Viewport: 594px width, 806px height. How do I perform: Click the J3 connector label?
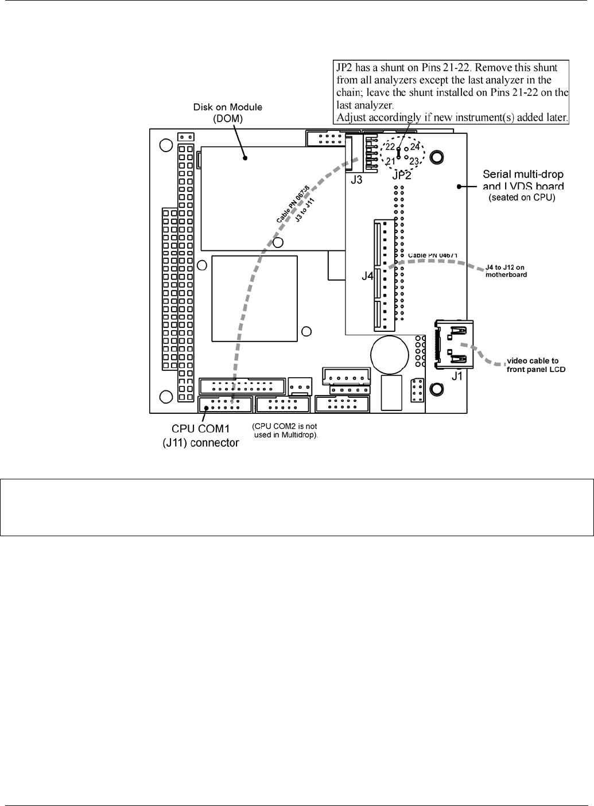(x=356, y=180)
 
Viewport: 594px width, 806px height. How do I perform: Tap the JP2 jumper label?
(x=402, y=175)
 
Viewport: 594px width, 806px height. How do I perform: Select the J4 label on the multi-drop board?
(x=367, y=276)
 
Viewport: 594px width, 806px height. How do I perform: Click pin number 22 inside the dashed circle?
(x=390, y=147)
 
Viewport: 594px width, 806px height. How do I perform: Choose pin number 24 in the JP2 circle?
(x=416, y=147)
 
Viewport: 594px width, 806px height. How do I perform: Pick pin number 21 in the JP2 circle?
(x=390, y=161)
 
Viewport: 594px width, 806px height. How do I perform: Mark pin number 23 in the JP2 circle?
(x=414, y=161)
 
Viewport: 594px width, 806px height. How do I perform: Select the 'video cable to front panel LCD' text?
(x=536, y=365)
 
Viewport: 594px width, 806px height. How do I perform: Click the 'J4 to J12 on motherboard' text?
(x=505, y=271)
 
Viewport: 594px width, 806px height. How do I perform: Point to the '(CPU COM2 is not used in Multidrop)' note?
(x=285, y=430)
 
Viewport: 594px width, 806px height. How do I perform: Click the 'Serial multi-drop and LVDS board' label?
(x=523, y=179)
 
